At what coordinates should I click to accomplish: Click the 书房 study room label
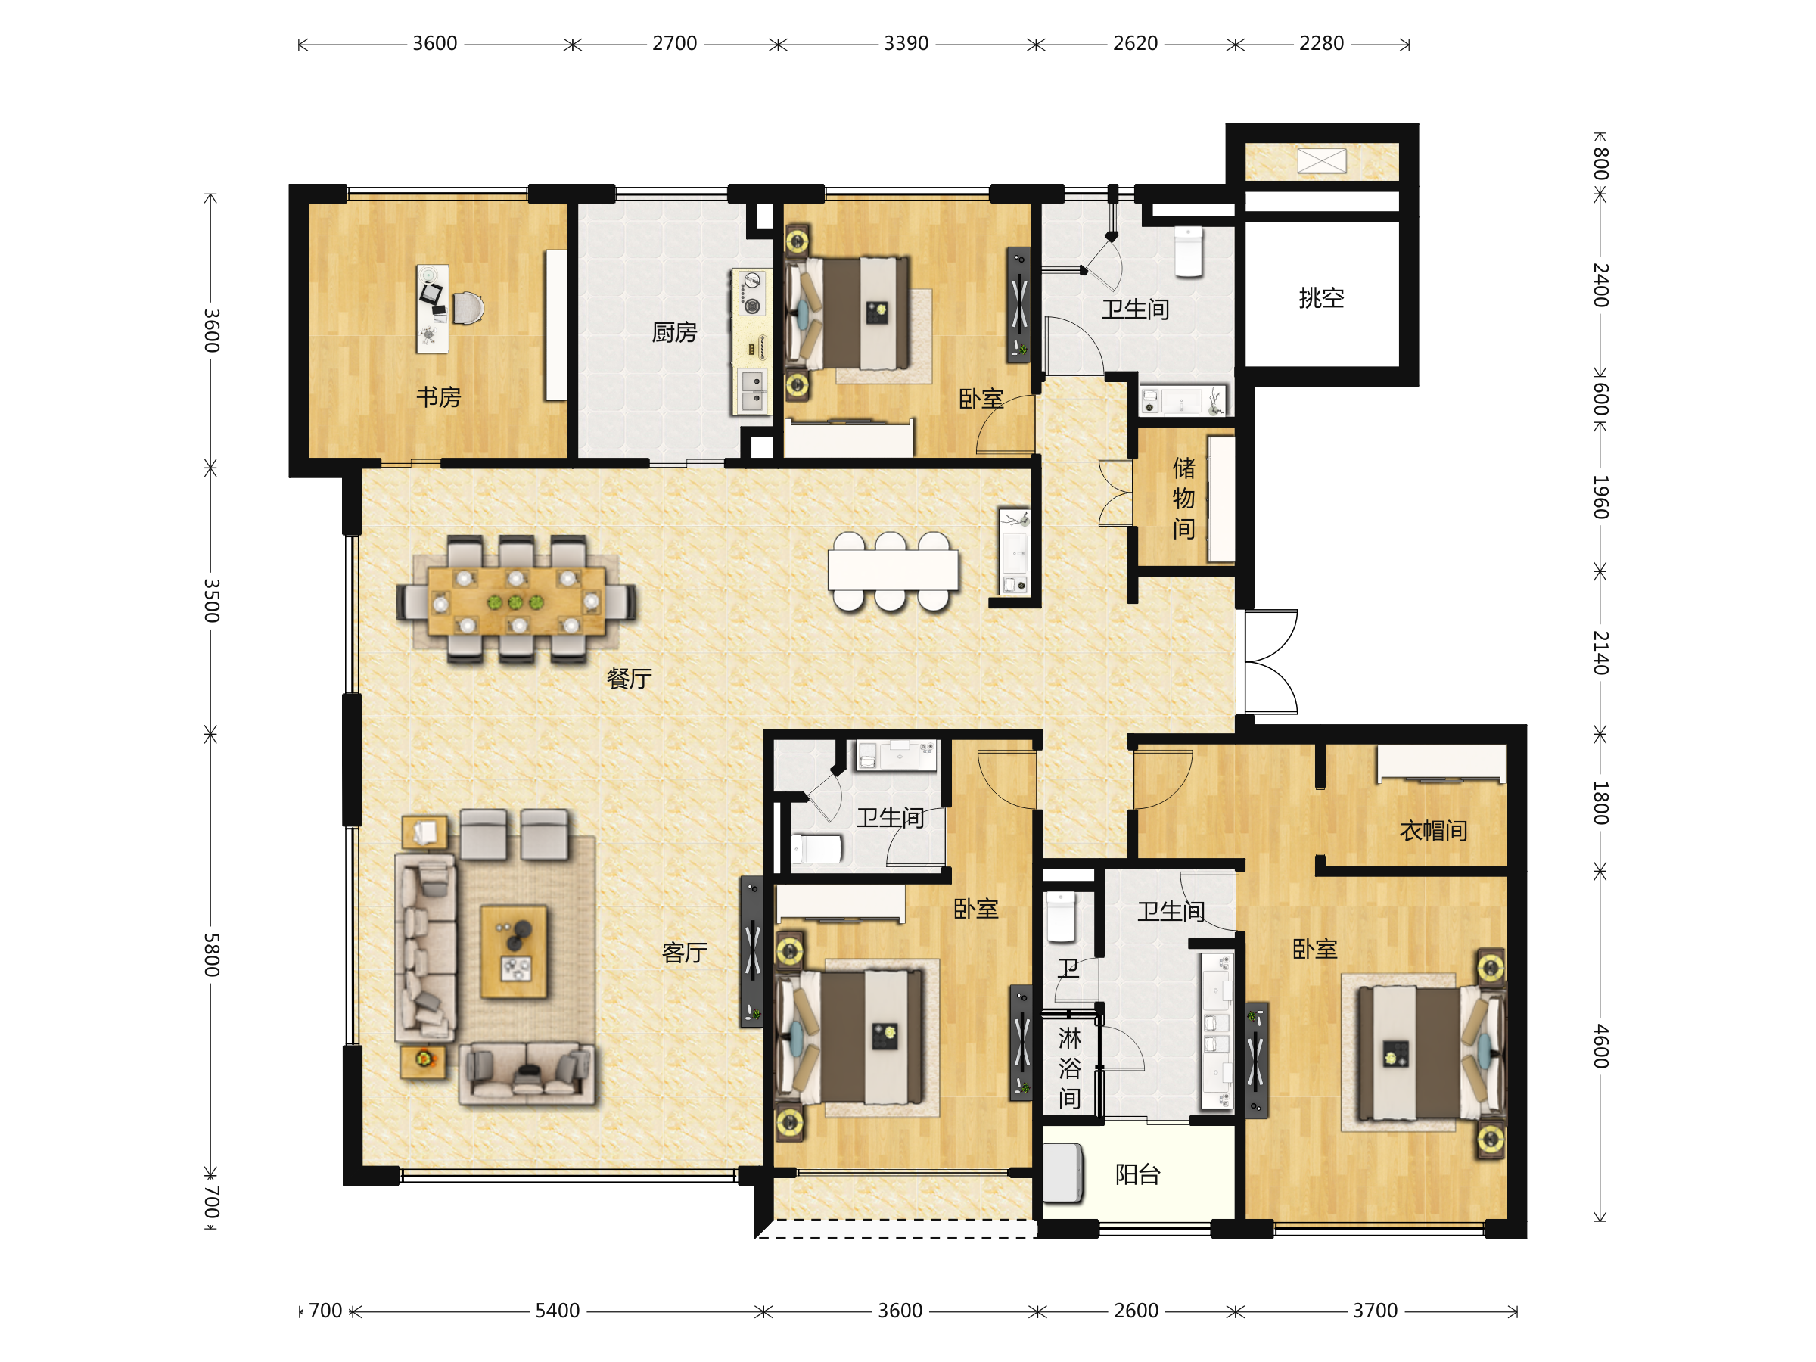click(x=438, y=397)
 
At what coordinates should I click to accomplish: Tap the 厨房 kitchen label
click(x=674, y=332)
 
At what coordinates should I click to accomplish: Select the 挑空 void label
click(x=1321, y=297)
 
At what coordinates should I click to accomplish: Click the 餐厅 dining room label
click(x=629, y=678)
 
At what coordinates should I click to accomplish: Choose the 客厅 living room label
click(x=684, y=953)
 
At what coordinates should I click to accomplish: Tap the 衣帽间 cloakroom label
click(x=1433, y=831)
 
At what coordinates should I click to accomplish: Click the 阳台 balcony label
click(x=1137, y=1175)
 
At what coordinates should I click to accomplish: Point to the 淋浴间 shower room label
click(x=1069, y=1068)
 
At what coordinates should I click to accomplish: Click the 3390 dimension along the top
click(x=906, y=44)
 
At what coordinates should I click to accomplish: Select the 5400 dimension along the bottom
click(x=558, y=1311)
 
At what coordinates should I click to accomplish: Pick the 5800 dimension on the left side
click(x=211, y=954)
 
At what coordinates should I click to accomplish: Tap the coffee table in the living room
click(x=513, y=953)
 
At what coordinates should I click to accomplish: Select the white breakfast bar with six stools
click(x=892, y=571)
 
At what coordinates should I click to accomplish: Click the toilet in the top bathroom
click(x=1188, y=251)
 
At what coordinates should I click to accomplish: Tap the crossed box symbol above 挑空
click(x=1322, y=161)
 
